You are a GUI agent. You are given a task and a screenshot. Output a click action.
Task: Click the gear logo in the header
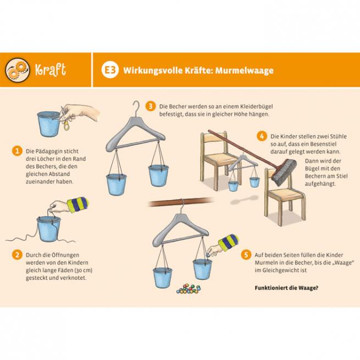[18, 70]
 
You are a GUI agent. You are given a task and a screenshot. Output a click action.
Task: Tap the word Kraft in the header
[51, 69]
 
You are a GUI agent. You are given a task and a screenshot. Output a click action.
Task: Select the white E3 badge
[110, 70]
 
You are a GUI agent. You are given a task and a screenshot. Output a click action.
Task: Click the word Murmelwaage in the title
[244, 70]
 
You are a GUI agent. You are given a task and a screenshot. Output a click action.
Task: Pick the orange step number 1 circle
[17, 151]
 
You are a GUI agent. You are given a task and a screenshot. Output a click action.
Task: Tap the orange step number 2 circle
[17, 255]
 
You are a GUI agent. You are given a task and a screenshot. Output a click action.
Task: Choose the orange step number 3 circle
[151, 106]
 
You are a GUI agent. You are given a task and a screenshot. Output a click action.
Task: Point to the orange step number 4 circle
[262, 136]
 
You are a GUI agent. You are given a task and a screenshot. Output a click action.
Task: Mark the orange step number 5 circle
[246, 255]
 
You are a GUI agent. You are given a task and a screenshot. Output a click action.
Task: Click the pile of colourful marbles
[189, 289]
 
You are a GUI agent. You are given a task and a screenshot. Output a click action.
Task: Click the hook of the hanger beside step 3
[137, 109]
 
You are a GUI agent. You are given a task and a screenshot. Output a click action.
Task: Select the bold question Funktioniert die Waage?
[286, 287]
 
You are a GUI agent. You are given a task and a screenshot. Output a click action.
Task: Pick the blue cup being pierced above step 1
[49, 124]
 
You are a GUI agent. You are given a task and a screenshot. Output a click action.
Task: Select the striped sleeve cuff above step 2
[78, 204]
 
